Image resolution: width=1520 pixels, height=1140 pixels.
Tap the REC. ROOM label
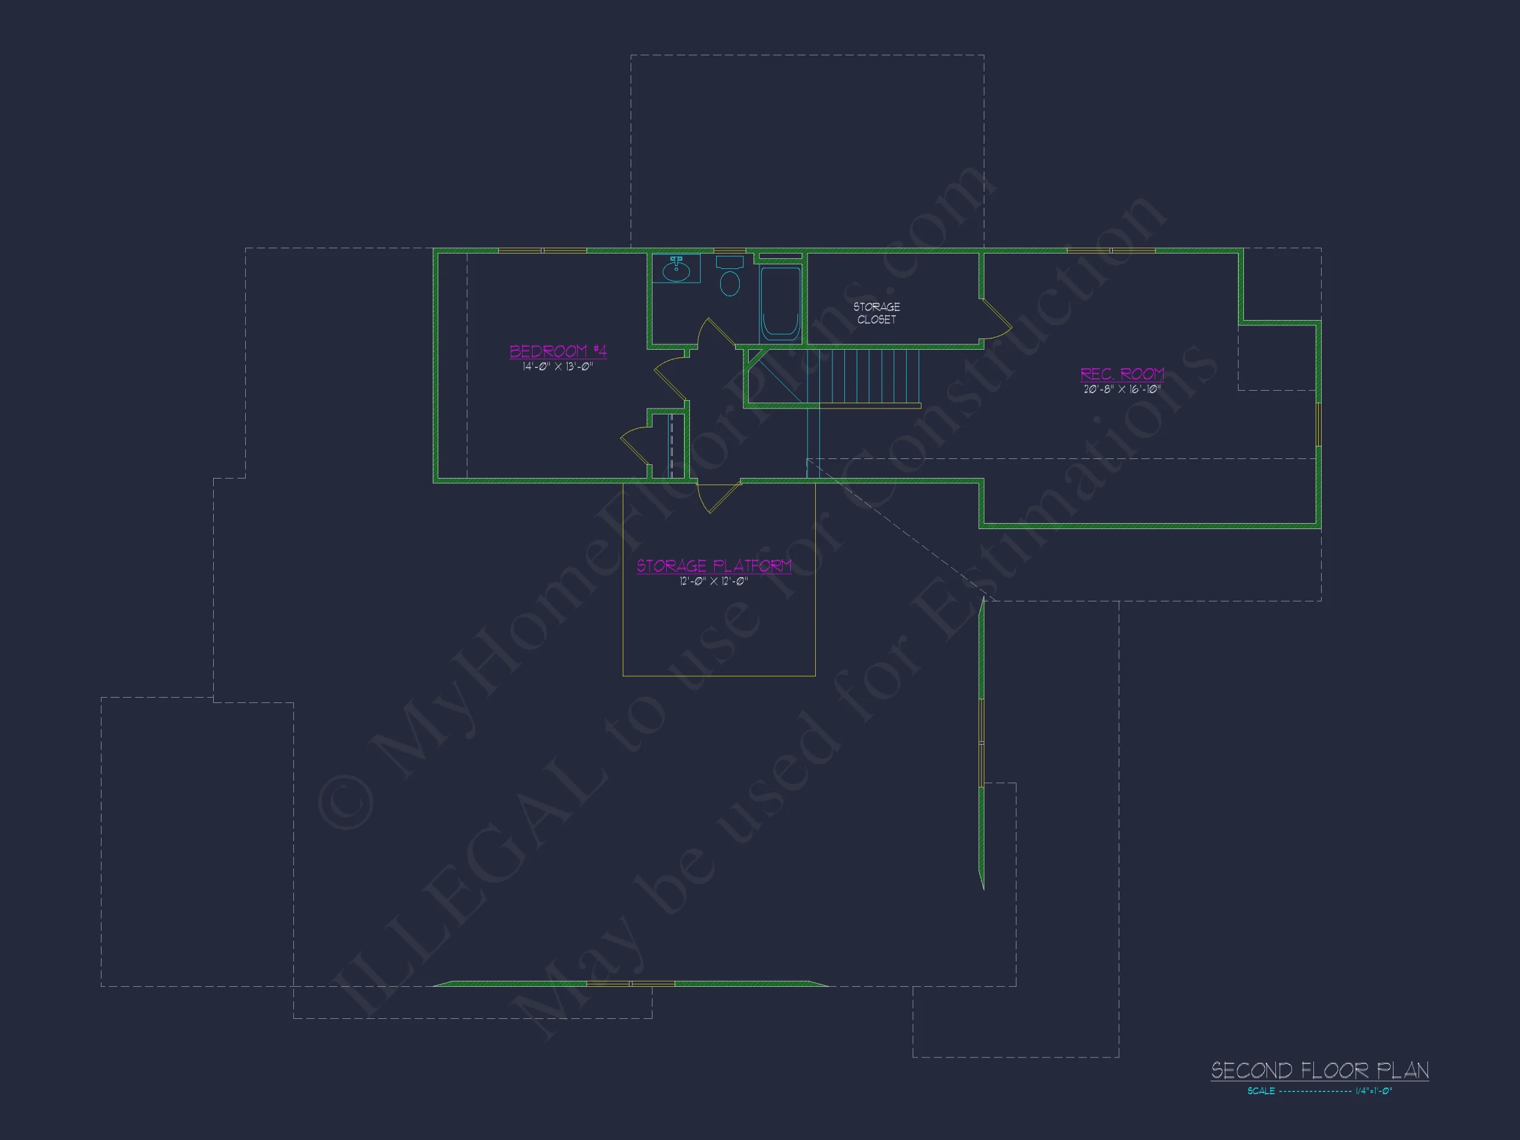(x=1122, y=374)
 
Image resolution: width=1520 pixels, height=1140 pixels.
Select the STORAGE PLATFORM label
(x=714, y=565)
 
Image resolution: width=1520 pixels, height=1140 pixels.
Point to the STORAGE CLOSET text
(x=877, y=313)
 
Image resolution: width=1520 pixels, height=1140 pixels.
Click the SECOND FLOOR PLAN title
(x=1320, y=1070)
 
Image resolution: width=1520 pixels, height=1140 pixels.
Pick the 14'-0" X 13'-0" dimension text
(x=558, y=367)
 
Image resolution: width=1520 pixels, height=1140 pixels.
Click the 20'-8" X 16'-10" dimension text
(x=1122, y=389)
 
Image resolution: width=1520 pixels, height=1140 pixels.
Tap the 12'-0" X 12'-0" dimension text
(x=714, y=581)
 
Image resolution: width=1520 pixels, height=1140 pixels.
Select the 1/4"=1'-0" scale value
(x=1373, y=1091)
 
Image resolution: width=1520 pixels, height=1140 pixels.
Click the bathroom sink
(x=676, y=269)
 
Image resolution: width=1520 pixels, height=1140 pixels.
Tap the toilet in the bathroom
(x=730, y=275)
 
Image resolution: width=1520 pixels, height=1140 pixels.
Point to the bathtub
(x=781, y=302)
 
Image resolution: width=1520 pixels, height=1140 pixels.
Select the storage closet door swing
(x=995, y=319)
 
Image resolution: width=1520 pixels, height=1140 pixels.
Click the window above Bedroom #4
(x=542, y=251)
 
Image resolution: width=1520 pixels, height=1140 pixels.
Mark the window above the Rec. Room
(x=1111, y=251)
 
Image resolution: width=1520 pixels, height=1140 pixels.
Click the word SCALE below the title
(x=1261, y=1091)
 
